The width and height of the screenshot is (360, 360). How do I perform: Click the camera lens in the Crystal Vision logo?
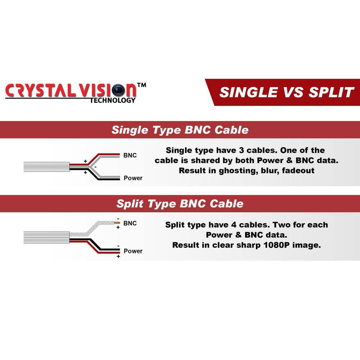tap(118, 90)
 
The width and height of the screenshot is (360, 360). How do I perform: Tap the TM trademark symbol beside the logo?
tap(141, 85)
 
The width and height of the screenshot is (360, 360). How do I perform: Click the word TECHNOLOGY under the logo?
tap(113, 100)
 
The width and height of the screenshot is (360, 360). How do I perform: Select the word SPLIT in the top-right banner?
tap(331, 92)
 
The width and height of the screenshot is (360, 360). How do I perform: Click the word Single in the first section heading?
tap(130, 130)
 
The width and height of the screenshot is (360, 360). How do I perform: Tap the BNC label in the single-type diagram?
tap(130, 156)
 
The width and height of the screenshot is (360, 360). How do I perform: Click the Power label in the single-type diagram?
tap(133, 178)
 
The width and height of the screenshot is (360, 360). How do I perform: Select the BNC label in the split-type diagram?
tap(130, 223)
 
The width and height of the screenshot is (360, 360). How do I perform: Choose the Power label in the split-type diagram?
tap(133, 251)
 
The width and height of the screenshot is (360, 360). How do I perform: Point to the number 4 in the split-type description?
tap(234, 225)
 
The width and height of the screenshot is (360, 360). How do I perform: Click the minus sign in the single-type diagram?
tap(95, 167)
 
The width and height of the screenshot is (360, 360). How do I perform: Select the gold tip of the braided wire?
tap(117, 223)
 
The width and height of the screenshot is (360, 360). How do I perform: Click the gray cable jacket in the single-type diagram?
tap(46, 167)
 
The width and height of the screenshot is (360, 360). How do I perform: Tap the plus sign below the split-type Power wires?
tap(118, 256)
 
